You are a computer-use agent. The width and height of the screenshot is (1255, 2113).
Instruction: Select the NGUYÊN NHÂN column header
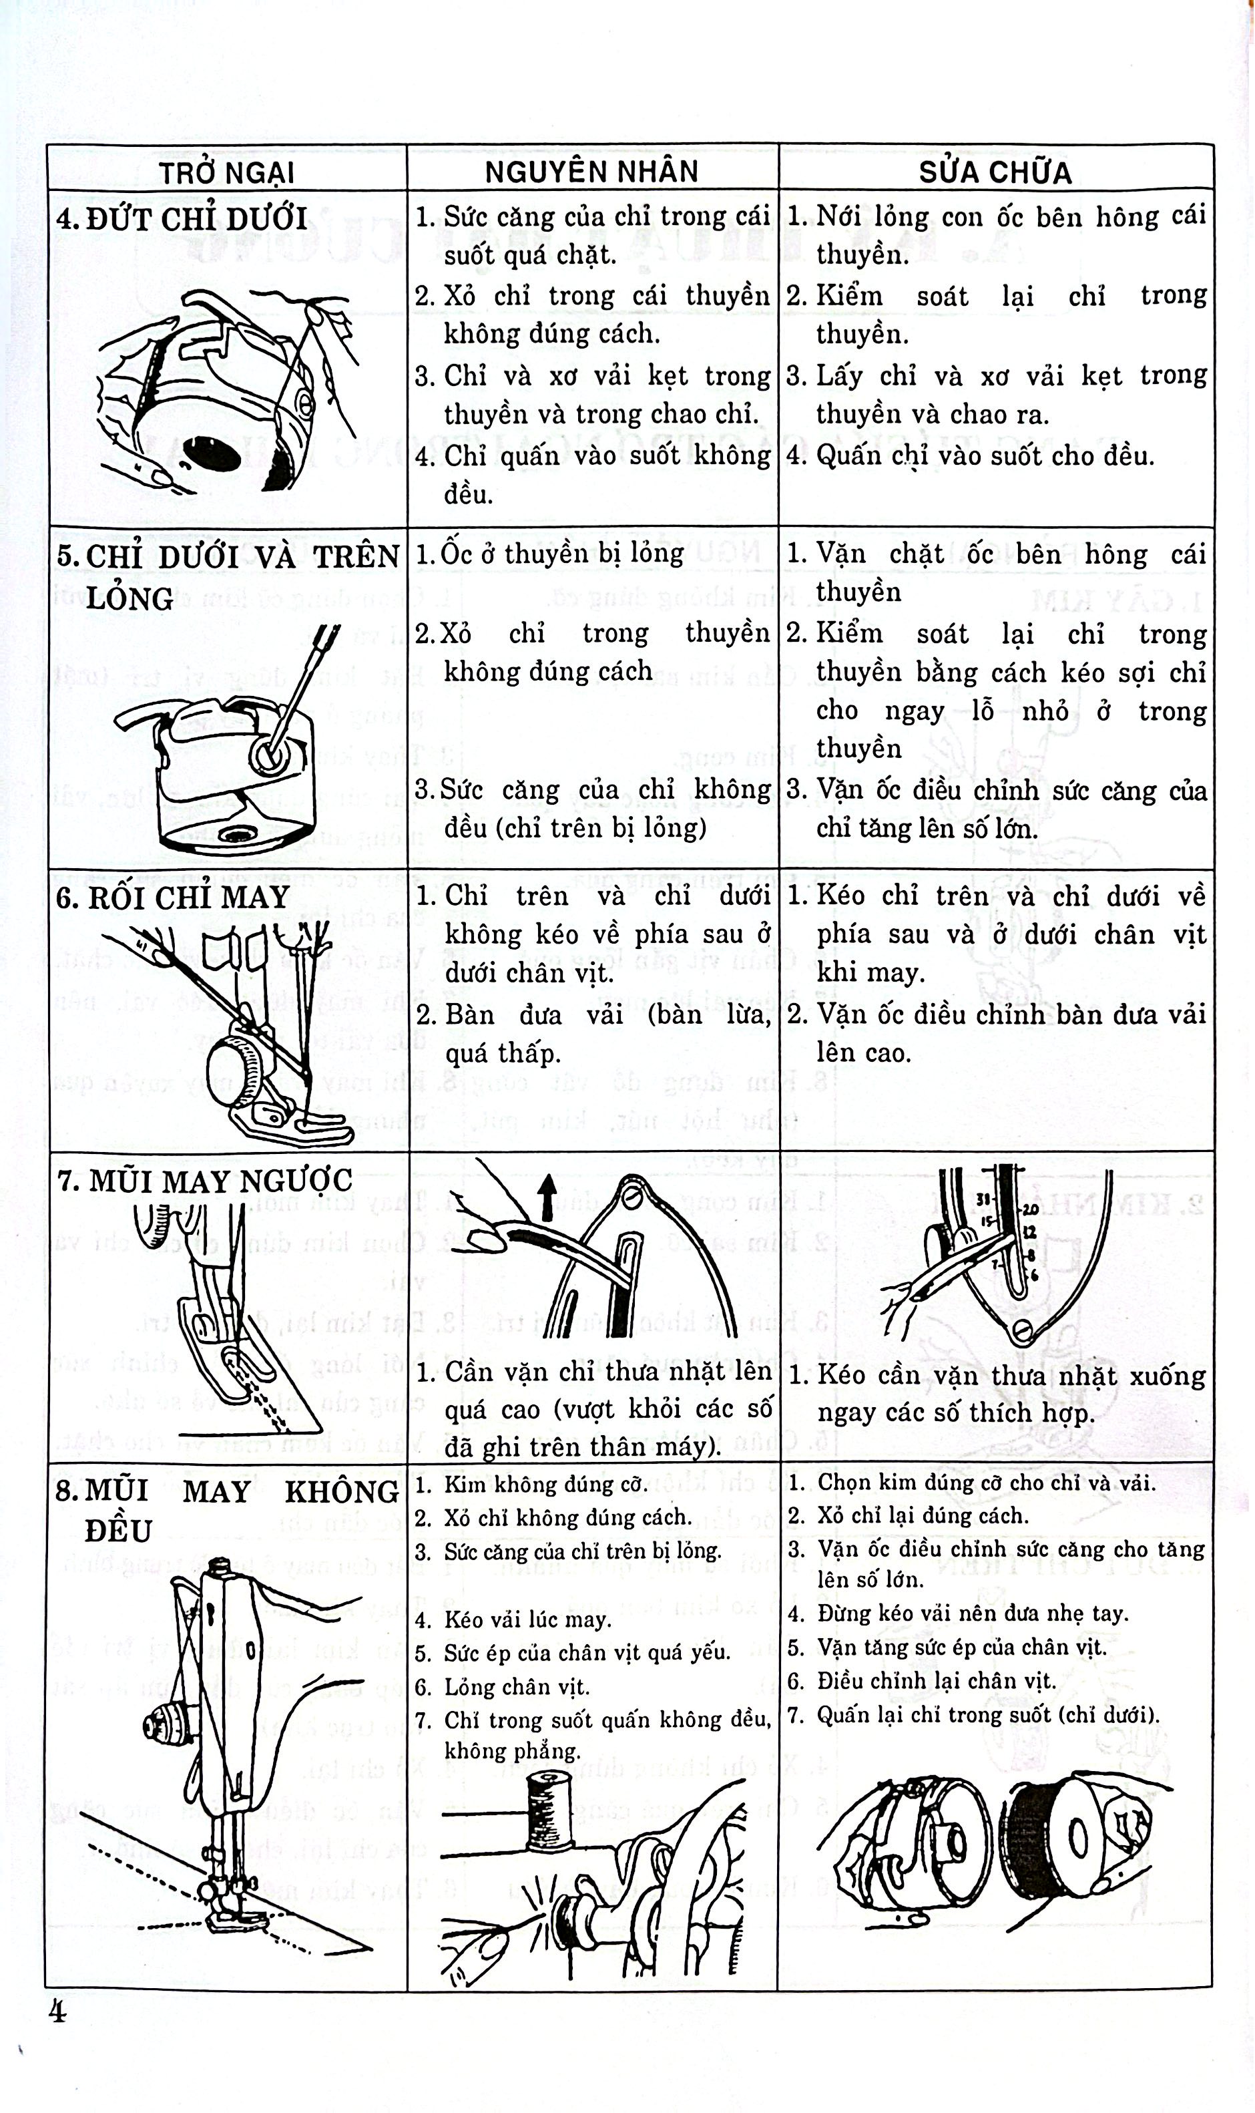coord(592,172)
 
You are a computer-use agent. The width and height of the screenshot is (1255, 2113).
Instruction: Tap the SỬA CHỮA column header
coord(995,172)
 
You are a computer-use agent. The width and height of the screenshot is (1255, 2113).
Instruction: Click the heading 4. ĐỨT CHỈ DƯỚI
coord(182,219)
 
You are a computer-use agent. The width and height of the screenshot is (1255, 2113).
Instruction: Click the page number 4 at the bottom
coord(57,2011)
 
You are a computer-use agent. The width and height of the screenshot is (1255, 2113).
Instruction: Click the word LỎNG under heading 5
coord(130,599)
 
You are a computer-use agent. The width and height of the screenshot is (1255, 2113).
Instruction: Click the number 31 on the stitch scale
coord(983,1199)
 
